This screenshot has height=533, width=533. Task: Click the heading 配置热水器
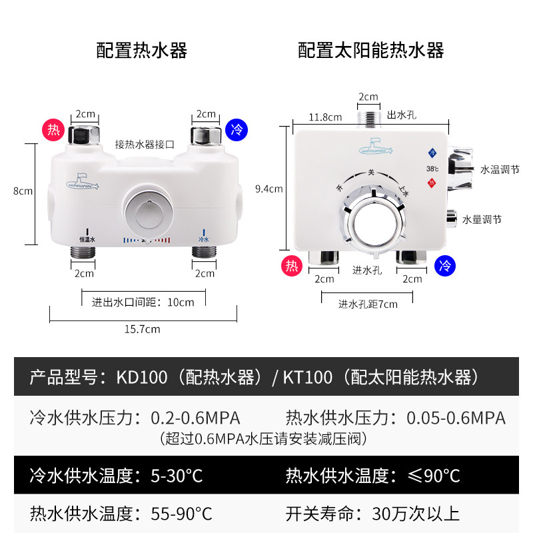tap(142, 51)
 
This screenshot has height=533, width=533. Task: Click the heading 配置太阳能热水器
tap(371, 51)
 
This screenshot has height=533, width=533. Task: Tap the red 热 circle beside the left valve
tap(52, 129)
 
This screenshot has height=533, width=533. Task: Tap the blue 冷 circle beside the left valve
tap(236, 129)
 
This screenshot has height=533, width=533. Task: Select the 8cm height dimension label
tap(23, 191)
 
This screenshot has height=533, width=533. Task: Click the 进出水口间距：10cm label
tap(143, 302)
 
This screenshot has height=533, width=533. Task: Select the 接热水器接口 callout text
tap(145, 143)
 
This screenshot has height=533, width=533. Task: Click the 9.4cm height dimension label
tap(270, 189)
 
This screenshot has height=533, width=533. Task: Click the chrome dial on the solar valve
tap(374, 223)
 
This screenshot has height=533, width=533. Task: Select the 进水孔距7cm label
tap(368, 304)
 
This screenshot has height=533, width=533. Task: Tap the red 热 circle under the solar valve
tap(290, 266)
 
